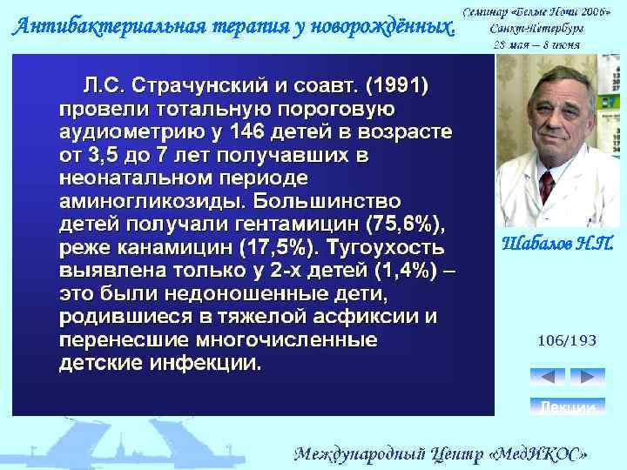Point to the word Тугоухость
(391, 246)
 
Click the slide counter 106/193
(566, 341)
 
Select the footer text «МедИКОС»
(541, 453)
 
